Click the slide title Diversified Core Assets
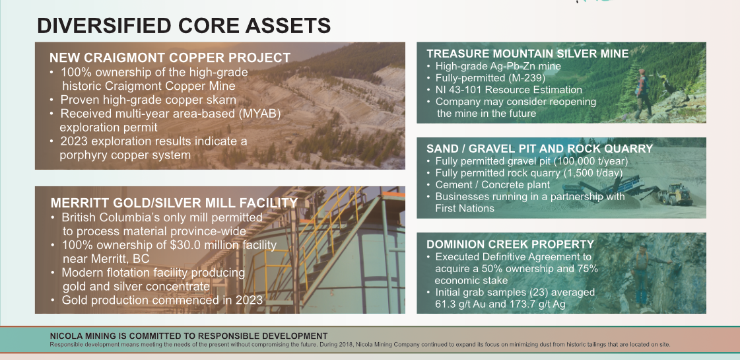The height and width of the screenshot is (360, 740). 184,26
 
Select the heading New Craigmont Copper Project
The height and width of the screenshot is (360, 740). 170,57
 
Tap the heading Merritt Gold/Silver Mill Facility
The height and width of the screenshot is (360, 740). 174,203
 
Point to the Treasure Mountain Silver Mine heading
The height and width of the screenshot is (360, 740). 527,54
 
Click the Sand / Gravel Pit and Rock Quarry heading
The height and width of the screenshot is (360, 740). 540,149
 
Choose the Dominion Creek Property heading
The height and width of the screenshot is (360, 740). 510,244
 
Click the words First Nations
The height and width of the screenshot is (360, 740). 464,208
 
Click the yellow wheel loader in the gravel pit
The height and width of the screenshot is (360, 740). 676,194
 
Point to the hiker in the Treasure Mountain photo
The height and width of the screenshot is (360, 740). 642,94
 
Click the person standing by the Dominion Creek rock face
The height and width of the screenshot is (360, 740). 641,275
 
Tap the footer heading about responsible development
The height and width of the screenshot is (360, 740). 189,336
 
